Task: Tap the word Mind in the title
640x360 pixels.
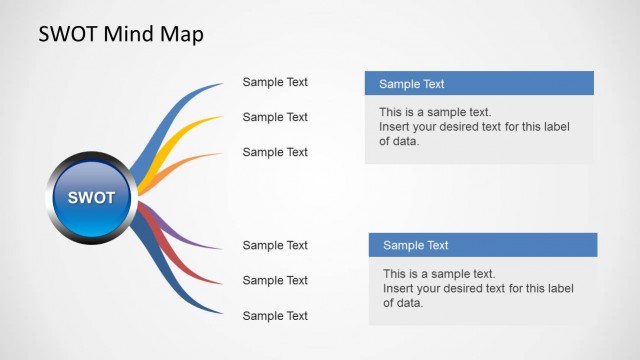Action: pyautogui.click(x=131, y=34)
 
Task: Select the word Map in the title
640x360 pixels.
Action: pyautogui.click(x=182, y=34)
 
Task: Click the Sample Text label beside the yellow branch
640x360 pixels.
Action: pyautogui.click(x=275, y=117)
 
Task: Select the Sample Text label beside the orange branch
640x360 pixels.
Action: pyautogui.click(x=275, y=152)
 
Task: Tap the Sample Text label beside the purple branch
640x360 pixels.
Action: pyautogui.click(x=275, y=245)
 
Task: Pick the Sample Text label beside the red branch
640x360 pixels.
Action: pyautogui.click(x=275, y=280)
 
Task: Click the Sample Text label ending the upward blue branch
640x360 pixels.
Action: pyautogui.click(x=275, y=83)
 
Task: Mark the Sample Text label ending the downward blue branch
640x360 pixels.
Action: pyautogui.click(x=275, y=316)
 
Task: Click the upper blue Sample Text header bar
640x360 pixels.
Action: pyautogui.click(x=479, y=84)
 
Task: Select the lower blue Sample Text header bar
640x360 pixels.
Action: pyautogui.click(x=483, y=245)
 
